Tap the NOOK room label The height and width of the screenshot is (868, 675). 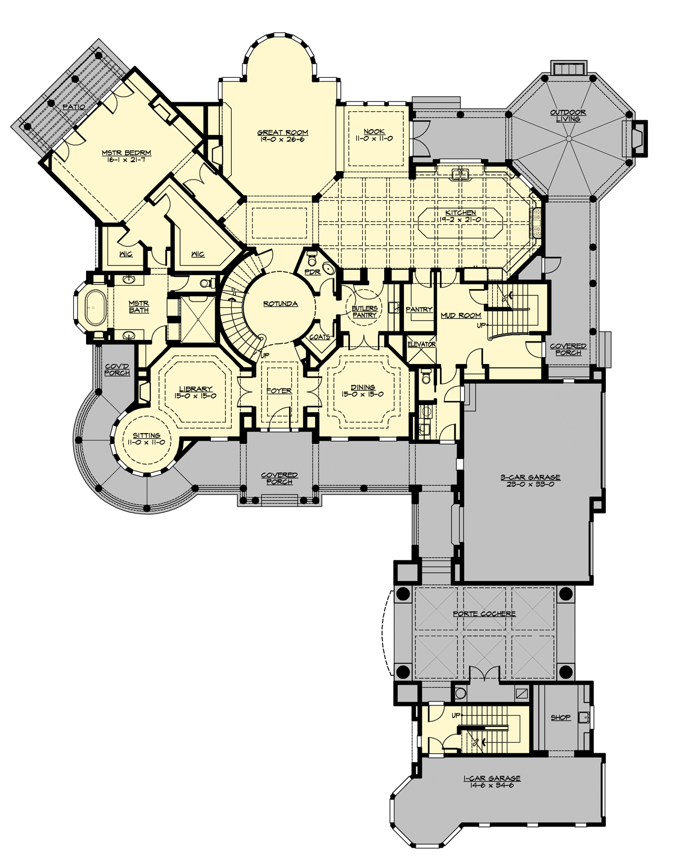(374, 132)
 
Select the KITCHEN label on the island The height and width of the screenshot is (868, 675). (461, 213)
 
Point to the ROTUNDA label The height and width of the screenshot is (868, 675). (280, 304)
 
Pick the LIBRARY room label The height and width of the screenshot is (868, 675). (195, 389)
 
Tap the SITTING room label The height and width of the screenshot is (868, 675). (147, 435)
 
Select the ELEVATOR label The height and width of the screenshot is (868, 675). (421, 344)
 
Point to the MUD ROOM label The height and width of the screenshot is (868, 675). (461, 316)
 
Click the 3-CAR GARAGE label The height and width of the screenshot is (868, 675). (530, 478)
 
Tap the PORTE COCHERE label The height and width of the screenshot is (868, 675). (484, 613)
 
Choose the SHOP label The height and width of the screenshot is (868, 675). (561, 717)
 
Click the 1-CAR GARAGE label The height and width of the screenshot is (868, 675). (492, 779)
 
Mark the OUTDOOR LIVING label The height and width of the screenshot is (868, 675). (568, 113)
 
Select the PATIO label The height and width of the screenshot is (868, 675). (73, 106)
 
